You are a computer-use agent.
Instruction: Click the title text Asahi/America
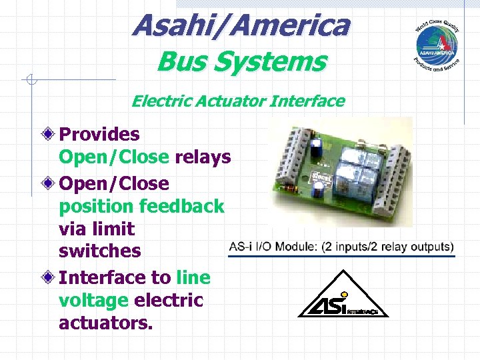click(x=241, y=26)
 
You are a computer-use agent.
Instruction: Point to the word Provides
click(x=99, y=135)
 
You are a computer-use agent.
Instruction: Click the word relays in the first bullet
click(x=203, y=157)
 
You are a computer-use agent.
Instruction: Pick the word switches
click(x=100, y=251)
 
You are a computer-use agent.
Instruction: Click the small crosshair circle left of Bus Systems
click(x=30, y=81)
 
